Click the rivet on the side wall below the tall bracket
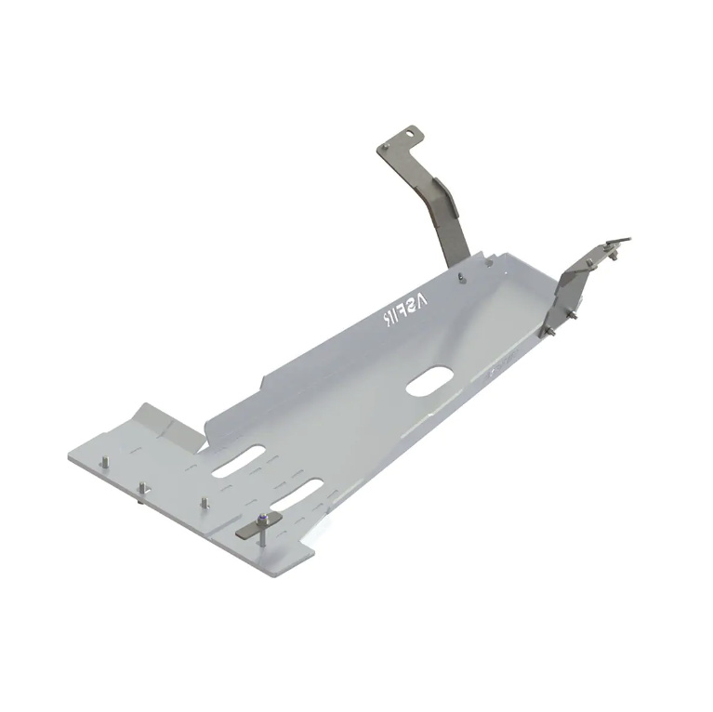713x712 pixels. [460, 276]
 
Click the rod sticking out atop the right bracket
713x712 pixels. [622, 243]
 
